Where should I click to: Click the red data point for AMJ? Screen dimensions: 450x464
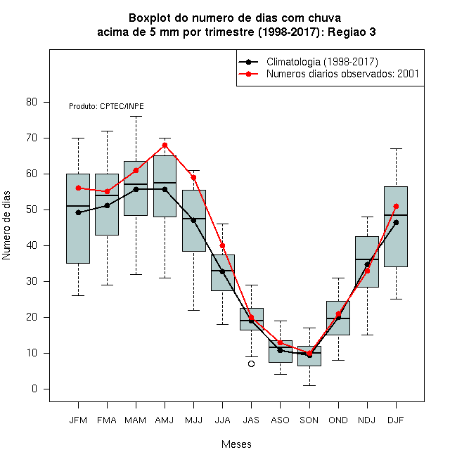[x=165, y=146]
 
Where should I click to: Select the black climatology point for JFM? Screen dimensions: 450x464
[x=79, y=212]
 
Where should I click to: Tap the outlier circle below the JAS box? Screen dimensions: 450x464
[x=251, y=364]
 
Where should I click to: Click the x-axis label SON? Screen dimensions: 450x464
[x=309, y=420]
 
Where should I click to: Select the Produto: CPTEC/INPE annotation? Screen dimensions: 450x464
[x=106, y=106]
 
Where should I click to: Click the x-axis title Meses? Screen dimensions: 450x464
[x=236, y=444]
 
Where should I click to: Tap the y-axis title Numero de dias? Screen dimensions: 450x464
[x=6, y=226]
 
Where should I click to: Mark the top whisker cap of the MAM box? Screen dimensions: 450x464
[x=136, y=117]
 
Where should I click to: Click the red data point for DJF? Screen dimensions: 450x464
[x=396, y=206]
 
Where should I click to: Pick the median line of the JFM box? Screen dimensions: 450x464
[x=78, y=206]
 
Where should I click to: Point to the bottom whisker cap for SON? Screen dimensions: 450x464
[x=309, y=385]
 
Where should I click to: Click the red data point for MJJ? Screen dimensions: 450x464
[x=193, y=178]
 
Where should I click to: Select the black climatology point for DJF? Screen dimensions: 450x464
[x=396, y=223]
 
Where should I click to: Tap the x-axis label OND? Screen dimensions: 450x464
[x=338, y=420]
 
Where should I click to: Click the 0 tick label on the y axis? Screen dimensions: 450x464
[x=34, y=389]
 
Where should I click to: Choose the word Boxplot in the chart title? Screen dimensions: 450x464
[x=150, y=18]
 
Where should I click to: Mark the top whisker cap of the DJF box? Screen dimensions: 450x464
[x=396, y=149]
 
